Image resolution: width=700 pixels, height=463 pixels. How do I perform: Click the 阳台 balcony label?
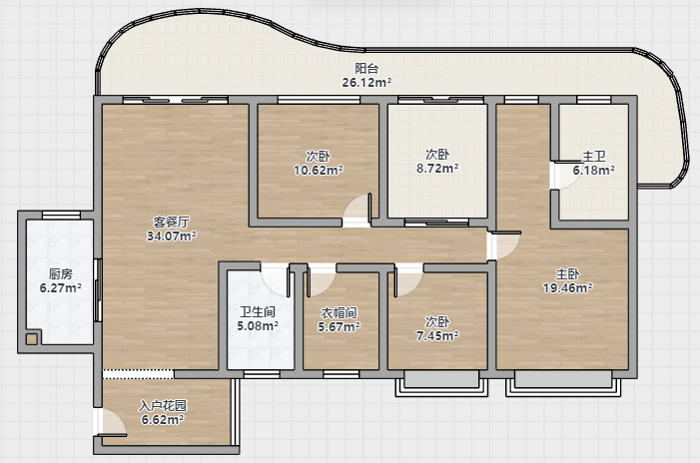366,68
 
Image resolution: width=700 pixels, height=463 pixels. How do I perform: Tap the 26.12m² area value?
366,83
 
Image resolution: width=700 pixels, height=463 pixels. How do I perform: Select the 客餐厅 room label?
172,223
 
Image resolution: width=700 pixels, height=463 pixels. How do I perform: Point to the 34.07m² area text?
172,235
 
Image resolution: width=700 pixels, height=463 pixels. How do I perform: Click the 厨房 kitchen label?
60,273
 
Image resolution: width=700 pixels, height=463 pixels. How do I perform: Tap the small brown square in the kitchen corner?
31,339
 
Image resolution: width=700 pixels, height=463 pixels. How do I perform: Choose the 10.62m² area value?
318,171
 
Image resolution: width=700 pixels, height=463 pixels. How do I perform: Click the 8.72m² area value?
437,169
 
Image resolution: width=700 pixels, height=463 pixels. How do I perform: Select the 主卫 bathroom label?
594,156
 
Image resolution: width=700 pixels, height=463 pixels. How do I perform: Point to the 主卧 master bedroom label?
567,273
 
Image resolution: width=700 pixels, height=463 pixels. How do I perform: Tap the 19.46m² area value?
567,288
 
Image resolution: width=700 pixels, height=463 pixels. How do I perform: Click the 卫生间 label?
258,311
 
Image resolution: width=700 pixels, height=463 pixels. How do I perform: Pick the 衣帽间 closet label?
339,313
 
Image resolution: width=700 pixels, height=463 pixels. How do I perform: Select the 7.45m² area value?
437,336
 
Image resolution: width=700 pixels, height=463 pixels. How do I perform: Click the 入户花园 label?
163,405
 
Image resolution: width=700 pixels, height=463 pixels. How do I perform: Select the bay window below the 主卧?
563,383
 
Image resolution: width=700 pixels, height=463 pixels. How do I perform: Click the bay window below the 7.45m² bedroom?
441,383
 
